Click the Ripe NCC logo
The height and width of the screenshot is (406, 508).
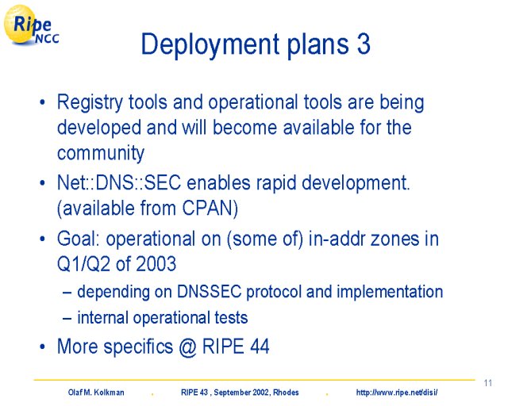(x=31, y=25)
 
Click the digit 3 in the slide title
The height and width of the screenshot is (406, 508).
(x=364, y=44)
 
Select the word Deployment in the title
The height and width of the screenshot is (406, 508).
(x=210, y=46)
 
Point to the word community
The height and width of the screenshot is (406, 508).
(x=101, y=153)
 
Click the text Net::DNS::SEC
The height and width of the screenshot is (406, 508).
(x=119, y=183)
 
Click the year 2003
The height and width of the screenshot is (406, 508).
(x=156, y=263)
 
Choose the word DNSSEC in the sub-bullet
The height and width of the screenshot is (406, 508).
(x=210, y=292)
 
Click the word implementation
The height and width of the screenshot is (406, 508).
(x=390, y=293)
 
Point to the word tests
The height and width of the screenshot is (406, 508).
(x=231, y=318)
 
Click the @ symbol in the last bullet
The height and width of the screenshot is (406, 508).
(x=187, y=347)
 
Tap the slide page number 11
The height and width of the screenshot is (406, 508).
(x=487, y=383)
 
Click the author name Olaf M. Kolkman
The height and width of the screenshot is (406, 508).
(x=96, y=393)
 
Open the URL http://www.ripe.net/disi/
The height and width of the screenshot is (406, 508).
(x=397, y=393)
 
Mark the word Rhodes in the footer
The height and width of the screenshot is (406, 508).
(x=286, y=393)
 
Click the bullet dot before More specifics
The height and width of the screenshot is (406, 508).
(x=42, y=347)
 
